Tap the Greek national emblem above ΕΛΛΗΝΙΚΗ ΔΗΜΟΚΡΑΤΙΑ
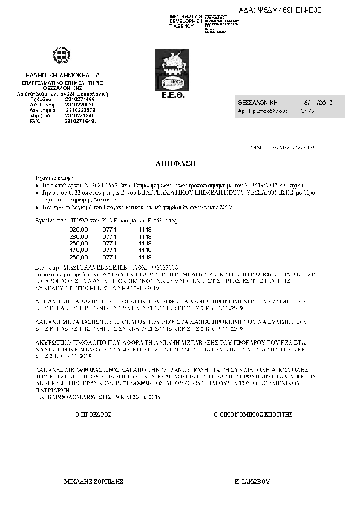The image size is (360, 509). point(61,58)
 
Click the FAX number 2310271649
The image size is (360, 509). point(79,121)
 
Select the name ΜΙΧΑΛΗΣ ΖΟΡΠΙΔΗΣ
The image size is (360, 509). point(94,482)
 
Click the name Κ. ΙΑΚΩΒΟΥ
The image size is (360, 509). point(252,482)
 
